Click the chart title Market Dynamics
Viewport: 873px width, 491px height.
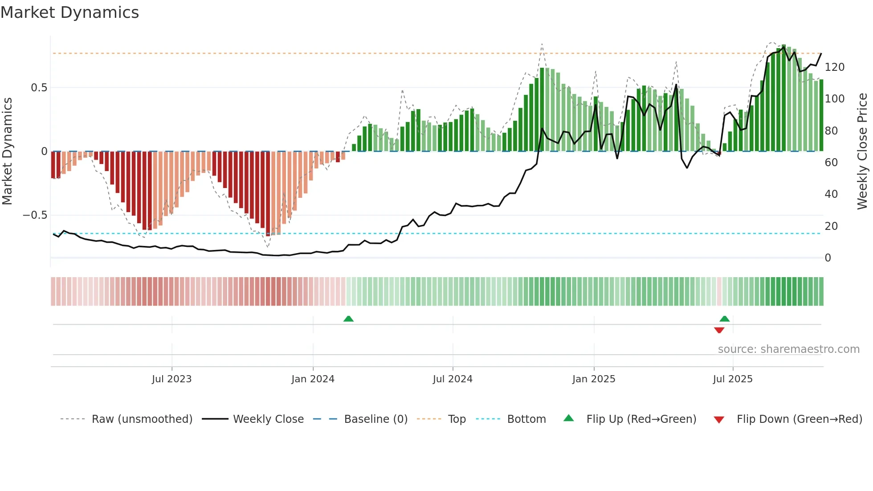coord(70,12)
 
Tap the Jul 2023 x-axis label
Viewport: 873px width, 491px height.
coord(171,379)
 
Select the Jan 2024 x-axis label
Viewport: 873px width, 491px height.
coord(313,379)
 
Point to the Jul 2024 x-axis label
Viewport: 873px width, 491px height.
coord(453,379)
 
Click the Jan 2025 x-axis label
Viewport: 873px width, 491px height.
coord(594,379)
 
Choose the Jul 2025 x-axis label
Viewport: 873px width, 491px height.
coord(733,379)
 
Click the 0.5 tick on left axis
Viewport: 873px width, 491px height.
coord(39,88)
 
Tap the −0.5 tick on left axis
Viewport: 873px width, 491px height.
coord(35,215)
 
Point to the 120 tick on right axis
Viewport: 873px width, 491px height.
coord(835,67)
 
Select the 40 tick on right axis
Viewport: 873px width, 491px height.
coord(831,194)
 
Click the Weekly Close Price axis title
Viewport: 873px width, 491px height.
coord(862,151)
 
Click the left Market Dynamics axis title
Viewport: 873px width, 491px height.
coord(7,151)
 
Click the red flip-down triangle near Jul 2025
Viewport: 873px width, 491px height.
coord(719,330)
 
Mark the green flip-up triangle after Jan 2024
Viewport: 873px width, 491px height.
coord(348,319)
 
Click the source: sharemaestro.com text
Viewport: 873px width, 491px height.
coord(788,349)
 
